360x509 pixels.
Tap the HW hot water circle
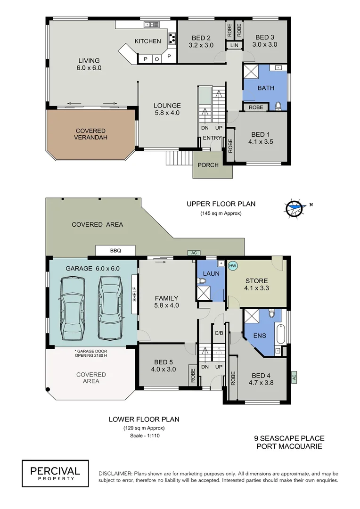point(232,266)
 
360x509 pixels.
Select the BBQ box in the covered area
point(115,251)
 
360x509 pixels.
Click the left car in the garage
point(73,308)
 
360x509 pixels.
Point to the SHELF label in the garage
point(134,295)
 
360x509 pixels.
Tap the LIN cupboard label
point(235,45)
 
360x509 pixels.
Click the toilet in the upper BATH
point(278,106)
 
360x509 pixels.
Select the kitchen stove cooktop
point(172,38)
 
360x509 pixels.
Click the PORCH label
point(208,165)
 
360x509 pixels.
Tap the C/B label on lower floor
point(219,333)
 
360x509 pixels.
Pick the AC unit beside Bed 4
point(294,376)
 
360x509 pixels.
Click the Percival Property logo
point(55,473)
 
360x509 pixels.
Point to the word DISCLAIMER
point(115,473)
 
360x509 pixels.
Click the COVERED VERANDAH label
point(90,134)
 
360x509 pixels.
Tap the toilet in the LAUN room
point(202,281)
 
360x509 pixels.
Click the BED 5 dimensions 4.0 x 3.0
point(165,369)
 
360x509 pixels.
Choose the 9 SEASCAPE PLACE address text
point(289,438)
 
